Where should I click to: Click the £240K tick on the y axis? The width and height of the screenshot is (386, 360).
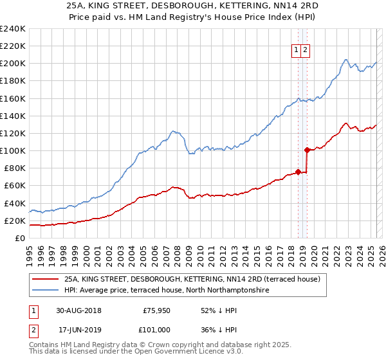13,28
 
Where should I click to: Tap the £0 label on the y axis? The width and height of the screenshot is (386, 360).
19,238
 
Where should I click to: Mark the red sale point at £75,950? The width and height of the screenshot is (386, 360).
299,172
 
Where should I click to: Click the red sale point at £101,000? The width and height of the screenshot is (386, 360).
308,150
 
